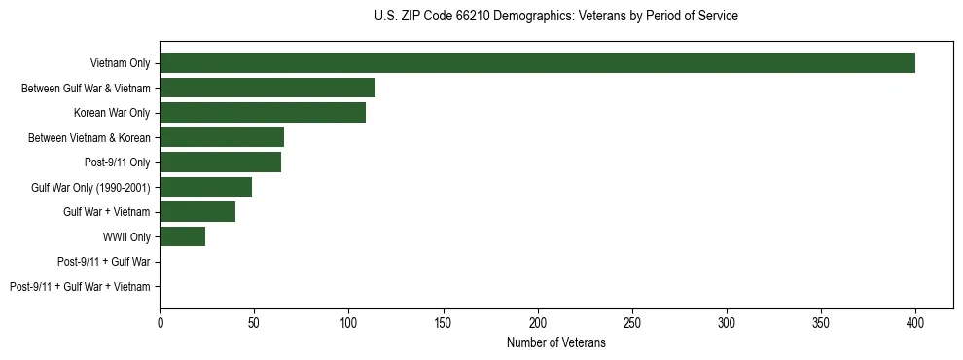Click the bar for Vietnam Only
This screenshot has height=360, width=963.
point(537,63)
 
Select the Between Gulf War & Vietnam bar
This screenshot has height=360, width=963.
point(267,88)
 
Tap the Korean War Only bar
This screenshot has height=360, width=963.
point(263,113)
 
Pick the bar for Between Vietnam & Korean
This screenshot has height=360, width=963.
point(222,137)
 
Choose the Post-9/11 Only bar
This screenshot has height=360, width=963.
point(221,162)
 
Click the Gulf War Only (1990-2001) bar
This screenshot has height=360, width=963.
point(206,187)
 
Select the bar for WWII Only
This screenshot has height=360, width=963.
point(183,236)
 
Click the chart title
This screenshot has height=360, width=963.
point(555,17)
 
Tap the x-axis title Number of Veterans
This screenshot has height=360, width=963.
point(555,343)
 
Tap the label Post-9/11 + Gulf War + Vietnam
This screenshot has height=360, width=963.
point(80,287)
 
